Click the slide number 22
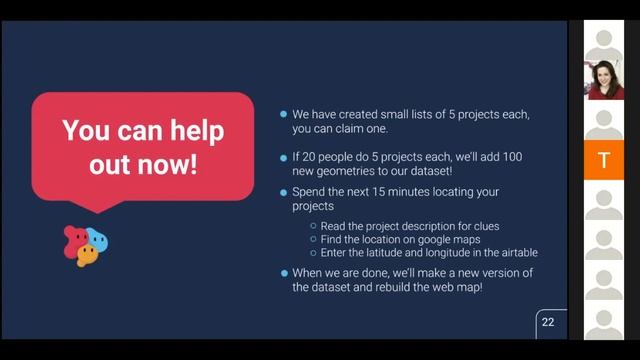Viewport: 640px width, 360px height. [x=547, y=322]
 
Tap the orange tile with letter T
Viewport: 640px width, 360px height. [x=603, y=160]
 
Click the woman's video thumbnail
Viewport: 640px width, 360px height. [x=604, y=79]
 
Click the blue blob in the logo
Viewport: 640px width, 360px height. [x=97, y=241]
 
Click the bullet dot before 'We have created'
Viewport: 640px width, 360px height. [x=284, y=115]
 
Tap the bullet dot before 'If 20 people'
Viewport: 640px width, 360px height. [x=284, y=157]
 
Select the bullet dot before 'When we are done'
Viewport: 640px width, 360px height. [x=284, y=273]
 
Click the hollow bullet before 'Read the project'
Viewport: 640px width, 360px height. [x=313, y=226]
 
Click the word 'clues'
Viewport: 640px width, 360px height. [x=484, y=226]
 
